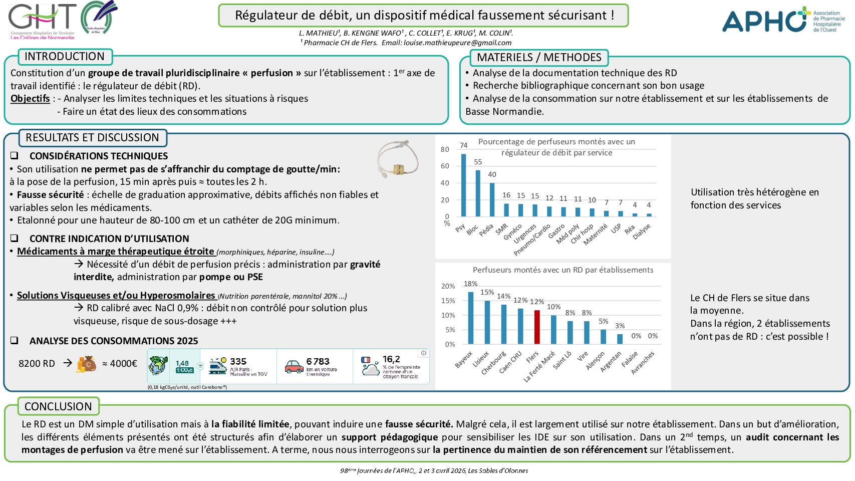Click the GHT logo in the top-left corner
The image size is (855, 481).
tap(63, 20)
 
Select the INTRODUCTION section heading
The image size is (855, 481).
tap(65, 57)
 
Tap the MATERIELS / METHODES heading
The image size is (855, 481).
tap(539, 58)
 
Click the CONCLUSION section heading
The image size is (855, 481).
tap(58, 406)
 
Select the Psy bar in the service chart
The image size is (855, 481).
tap(464, 185)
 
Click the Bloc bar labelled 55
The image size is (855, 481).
tap(478, 193)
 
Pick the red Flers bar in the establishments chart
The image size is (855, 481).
tap(537, 327)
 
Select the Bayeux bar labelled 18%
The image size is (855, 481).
tap(471, 318)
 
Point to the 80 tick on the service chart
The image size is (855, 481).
tap(445, 149)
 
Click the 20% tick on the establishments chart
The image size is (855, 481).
tap(448, 286)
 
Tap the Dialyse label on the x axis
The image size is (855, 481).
tap(642, 231)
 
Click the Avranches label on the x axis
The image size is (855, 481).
tap(643, 363)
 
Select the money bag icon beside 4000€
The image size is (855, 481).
tap(87, 364)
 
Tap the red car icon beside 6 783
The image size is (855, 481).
tap(294, 367)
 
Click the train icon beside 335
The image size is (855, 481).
tap(218, 366)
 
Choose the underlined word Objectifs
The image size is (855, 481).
tap(30, 99)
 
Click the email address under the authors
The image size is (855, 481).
tap(457, 43)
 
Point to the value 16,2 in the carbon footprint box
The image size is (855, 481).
tap(391, 359)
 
